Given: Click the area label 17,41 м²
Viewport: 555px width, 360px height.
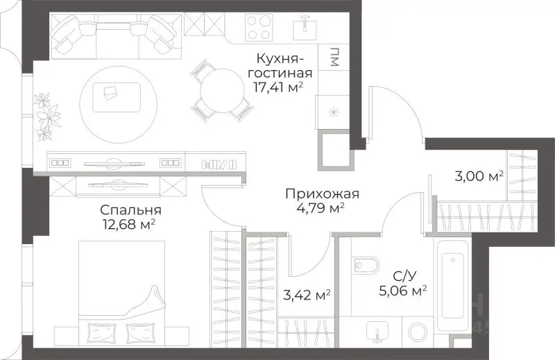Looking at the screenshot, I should tap(280, 87).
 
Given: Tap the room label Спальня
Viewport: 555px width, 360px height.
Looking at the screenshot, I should tap(130, 210).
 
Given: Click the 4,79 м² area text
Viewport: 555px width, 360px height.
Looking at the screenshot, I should tap(316, 207).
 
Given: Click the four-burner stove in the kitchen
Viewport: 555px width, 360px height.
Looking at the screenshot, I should tap(259, 28).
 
